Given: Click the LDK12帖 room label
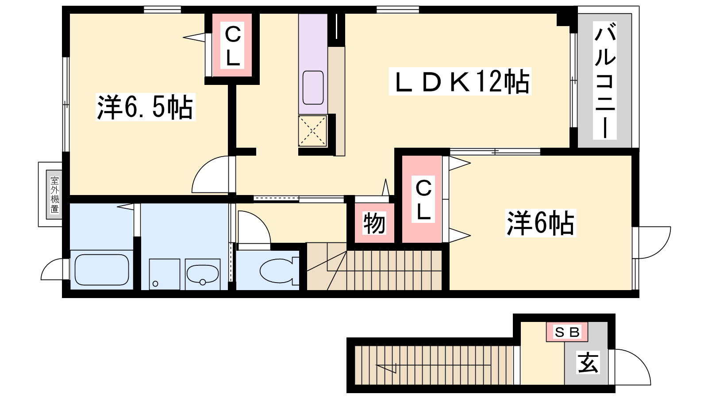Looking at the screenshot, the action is click(x=460, y=81).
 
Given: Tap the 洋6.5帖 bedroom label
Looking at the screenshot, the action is click(x=146, y=107).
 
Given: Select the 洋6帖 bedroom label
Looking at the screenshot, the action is click(x=540, y=223).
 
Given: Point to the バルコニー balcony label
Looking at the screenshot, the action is click(x=604, y=80).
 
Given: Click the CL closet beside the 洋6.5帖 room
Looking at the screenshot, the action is click(x=232, y=46).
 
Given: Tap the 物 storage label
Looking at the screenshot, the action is click(x=374, y=223).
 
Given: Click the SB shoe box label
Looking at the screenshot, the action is click(x=567, y=332).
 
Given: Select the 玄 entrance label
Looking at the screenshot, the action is click(x=588, y=363).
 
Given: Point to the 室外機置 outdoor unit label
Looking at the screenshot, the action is click(x=55, y=195).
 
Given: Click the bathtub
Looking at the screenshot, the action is click(x=102, y=270).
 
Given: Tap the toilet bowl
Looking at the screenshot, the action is click(x=277, y=270).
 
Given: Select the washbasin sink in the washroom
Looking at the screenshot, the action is click(x=203, y=274).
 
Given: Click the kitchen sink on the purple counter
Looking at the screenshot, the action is click(x=313, y=88).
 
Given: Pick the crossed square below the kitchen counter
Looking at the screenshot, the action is click(x=312, y=131).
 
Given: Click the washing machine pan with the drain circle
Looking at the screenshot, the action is click(x=164, y=274).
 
